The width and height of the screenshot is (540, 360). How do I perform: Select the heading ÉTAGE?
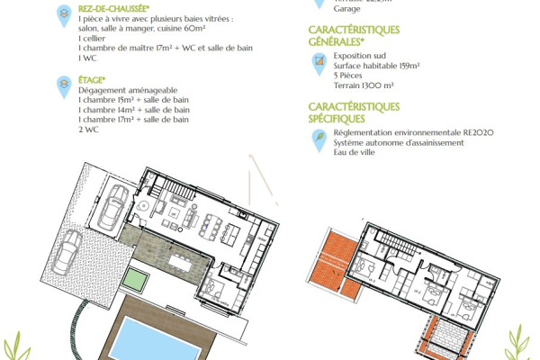(x=93, y=78)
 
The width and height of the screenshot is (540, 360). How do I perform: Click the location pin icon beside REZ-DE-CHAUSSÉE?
(x=64, y=13)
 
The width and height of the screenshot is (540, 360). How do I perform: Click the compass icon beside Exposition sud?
(x=319, y=61)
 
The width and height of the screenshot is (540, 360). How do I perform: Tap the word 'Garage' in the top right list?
(x=320, y=10)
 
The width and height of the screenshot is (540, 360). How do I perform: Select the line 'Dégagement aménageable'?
(x=121, y=90)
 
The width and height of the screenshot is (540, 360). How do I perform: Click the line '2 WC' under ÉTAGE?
(x=88, y=130)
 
